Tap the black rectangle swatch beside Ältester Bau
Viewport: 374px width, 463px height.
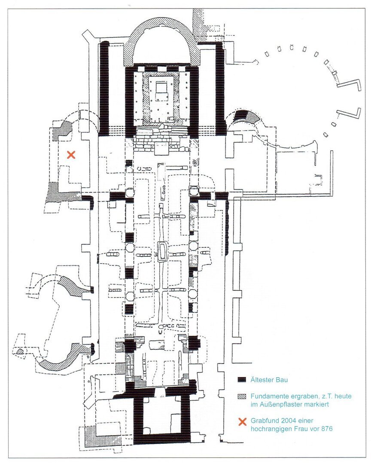point(243,380)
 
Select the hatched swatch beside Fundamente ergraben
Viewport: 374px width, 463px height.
point(243,397)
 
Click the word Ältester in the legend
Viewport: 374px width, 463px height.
point(261,380)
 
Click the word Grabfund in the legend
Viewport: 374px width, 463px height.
point(264,421)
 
